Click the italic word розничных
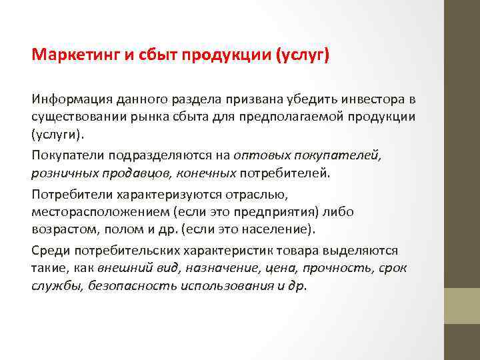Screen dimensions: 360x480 [60, 173]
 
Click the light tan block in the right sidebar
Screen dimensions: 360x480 [462, 305]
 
